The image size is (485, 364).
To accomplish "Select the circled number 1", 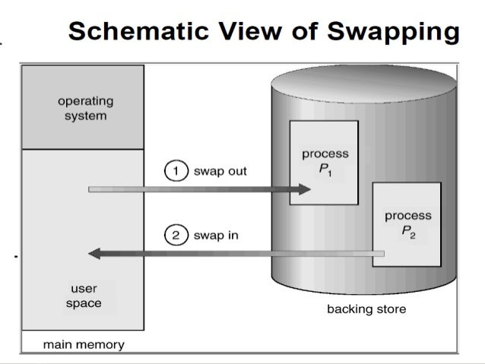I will (x=175, y=171).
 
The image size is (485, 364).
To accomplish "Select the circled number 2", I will (x=175, y=235).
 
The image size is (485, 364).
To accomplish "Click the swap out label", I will (x=220, y=171).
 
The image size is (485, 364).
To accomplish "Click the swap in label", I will (x=216, y=235).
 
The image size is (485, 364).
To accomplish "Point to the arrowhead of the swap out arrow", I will (x=303, y=189).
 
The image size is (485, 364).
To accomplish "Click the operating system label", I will (x=85, y=109).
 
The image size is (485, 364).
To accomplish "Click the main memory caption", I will (x=84, y=344).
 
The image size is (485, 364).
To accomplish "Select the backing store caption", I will (x=366, y=309).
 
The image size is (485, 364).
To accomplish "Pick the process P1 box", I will (x=324, y=161).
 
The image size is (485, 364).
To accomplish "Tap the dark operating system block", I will (x=83, y=107).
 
